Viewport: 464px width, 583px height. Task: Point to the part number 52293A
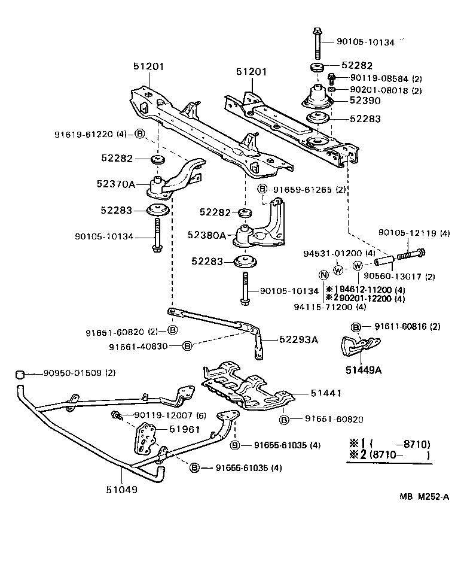298,339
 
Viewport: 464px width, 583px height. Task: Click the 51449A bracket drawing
358,348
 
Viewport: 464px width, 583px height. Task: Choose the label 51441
326,393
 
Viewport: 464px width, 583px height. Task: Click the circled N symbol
323,275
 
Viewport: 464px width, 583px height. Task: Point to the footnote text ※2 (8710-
389,455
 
